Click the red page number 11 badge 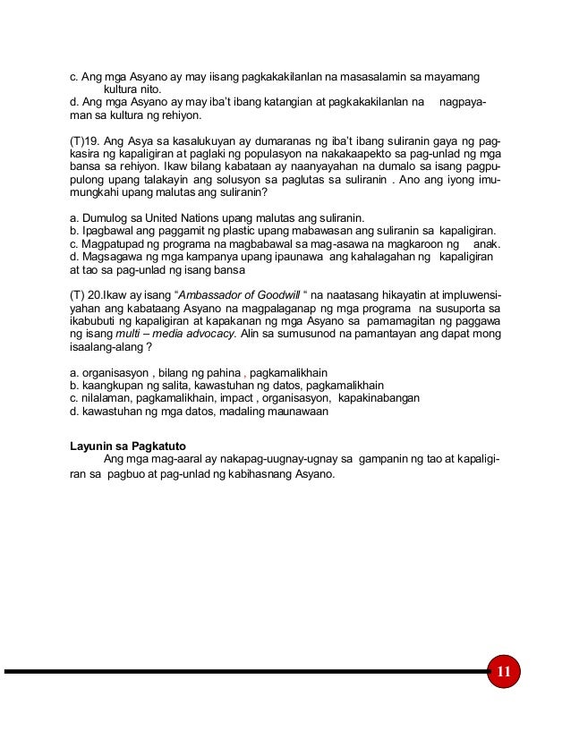[502, 671]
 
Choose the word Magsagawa [112, 257]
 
